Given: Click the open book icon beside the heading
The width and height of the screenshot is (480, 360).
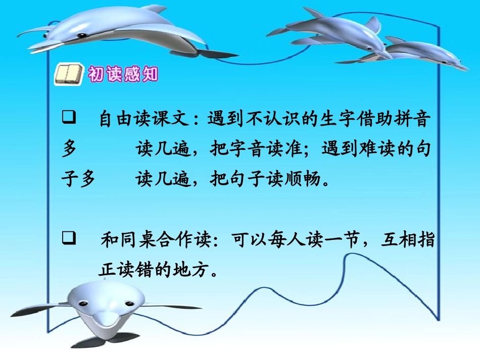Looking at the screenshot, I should coord(68,75).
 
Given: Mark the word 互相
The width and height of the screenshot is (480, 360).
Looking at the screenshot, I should coord(398,239).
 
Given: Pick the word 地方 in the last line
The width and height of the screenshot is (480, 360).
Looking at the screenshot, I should coord(192,271).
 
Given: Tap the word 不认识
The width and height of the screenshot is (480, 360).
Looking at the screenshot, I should coord(274,120).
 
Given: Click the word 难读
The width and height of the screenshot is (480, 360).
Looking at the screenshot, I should coord(378,149).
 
